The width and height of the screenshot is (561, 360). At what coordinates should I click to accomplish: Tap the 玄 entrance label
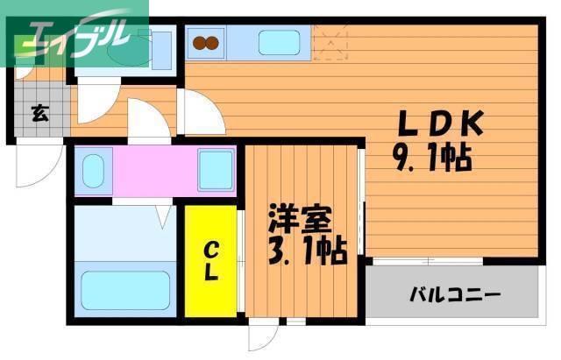tap(40, 113)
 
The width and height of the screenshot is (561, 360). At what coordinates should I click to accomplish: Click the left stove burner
tap(198, 41)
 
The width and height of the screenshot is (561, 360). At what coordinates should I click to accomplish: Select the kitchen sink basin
tap(279, 41)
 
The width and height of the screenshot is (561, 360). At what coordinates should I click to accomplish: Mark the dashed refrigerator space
tap(330, 41)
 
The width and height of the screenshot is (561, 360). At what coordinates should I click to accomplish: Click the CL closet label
tap(211, 260)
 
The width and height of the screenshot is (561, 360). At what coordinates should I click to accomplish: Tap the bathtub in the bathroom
tap(125, 290)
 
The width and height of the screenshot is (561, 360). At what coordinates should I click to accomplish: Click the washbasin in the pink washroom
tap(93, 170)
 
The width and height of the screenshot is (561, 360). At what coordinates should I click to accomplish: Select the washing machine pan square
tap(216, 170)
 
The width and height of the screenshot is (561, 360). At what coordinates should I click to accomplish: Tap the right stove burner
tap(215, 41)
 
